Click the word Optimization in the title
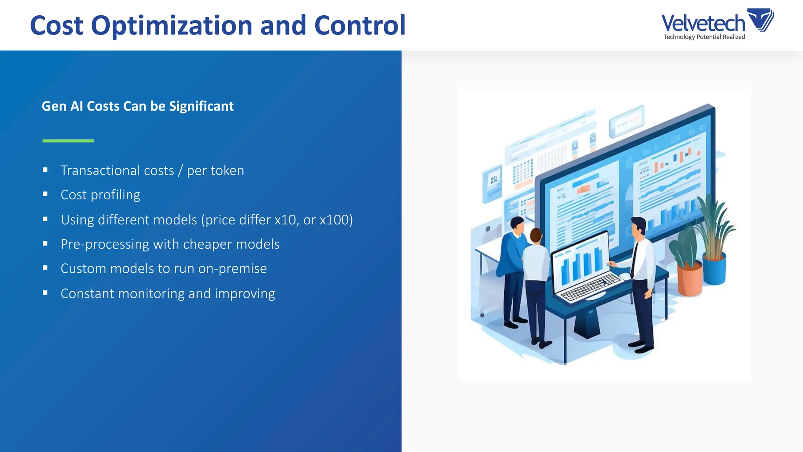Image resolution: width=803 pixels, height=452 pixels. (x=172, y=26)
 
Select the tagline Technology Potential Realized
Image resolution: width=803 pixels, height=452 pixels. (x=704, y=37)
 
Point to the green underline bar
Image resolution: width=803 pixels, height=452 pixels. (x=68, y=140)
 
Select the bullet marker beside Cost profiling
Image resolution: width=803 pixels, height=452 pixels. (x=45, y=194)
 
